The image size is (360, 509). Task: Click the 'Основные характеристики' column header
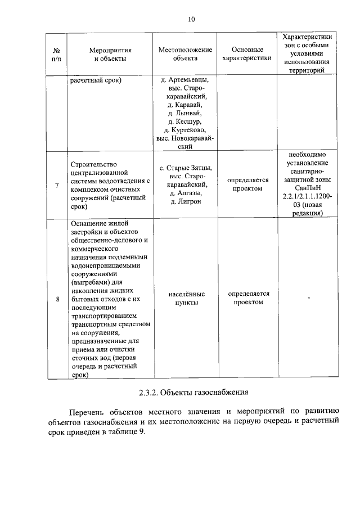pyautogui.click(x=246, y=53)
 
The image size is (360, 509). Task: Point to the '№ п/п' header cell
pyautogui.click(x=56, y=53)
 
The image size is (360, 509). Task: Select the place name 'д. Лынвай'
pyautogui.click(x=185, y=112)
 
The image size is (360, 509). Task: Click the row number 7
pyautogui.click(x=57, y=186)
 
